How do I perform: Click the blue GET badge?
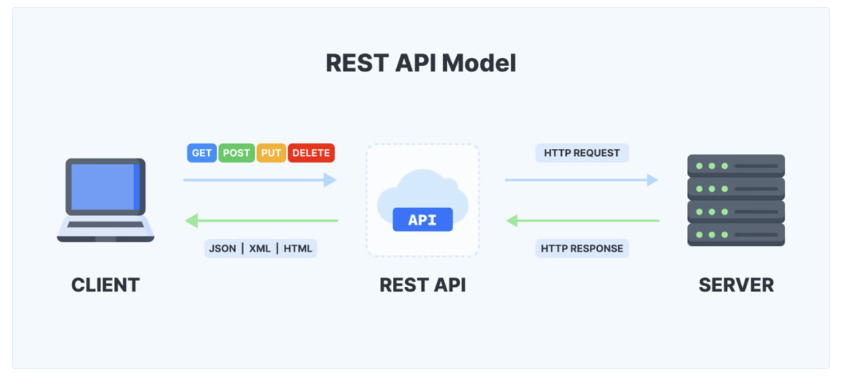coord(201,153)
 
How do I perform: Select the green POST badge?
coord(236,153)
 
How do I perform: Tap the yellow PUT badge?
coord(271,153)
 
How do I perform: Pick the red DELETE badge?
coord(311,153)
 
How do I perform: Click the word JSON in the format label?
coord(222,249)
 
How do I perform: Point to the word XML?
coord(260,249)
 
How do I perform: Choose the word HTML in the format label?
coord(297,249)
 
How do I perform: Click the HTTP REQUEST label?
coord(581,153)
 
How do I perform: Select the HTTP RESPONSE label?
coord(581,249)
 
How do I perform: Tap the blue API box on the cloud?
coord(422,219)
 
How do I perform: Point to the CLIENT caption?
coord(105,285)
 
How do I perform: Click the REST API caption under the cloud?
coord(422,285)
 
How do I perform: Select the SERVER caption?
coord(736,285)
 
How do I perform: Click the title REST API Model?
coord(421,63)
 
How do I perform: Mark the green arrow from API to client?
coord(262,221)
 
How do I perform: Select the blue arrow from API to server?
coord(581,180)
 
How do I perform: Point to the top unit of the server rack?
coord(736,166)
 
